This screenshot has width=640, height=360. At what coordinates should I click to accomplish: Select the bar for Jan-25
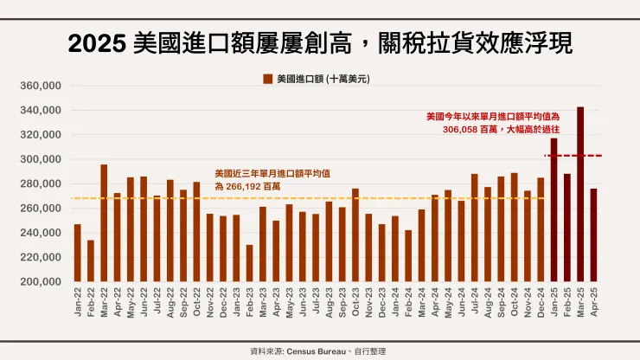tap(554, 210)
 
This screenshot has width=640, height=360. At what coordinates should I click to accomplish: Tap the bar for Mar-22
tap(104, 223)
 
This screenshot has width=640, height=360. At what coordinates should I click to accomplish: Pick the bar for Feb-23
tap(249, 263)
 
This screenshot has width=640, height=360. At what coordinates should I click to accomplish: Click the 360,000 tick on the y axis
tap(42, 87)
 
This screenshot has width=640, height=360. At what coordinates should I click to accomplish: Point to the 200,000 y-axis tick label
tap(42, 282)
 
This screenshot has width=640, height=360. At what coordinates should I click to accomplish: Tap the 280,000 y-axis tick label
tap(42, 184)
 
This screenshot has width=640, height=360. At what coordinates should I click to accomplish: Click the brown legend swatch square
tap(268, 79)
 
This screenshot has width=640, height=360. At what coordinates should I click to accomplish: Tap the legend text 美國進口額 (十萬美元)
tap(323, 79)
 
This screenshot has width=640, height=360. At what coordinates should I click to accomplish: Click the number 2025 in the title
tap(98, 42)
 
